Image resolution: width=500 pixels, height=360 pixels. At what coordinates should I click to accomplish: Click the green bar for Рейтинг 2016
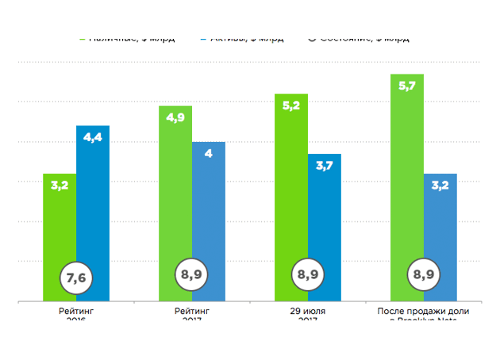pyautogui.click(x=59, y=230)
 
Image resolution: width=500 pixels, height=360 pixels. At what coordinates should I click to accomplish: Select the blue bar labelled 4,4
pyautogui.click(x=93, y=206)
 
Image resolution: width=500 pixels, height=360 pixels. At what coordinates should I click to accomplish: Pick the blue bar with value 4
pyautogui.click(x=209, y=214)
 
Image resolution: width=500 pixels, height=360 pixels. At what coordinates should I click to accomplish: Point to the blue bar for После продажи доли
pyautogui.click(x=440, y=230)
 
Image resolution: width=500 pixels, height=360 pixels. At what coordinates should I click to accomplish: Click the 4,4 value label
pyautogui.click(x=93, y=138)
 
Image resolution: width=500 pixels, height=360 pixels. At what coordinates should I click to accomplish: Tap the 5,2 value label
pyautogui.click(x=290, y=105)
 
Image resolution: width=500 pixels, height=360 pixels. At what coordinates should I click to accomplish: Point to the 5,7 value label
pyautogui.click(x=406, y=86)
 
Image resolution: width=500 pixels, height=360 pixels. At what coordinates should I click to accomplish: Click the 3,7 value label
pyautogui.click(x=325, y=166)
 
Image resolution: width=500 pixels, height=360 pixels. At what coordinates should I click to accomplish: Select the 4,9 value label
pyautogui.click(x=175, y=117)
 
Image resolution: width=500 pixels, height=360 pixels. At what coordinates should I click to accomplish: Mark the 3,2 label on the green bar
pyautogui.click(x=59, y=186)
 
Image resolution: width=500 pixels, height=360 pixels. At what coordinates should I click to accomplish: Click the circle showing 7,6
pyautogui.click(x=76, y=277)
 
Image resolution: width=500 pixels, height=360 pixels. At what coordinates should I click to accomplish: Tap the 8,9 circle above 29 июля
pyautogui.click(x=308, y=275)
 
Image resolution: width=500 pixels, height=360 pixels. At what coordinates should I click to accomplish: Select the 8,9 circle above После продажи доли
pyautogui.click(x=424, y=275)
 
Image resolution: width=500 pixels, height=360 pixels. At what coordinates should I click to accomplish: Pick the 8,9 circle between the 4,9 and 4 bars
pyautogui.click(x=191, y=275)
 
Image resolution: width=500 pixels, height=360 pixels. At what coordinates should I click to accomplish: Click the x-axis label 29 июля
pyautogui.click(x=308, y=311)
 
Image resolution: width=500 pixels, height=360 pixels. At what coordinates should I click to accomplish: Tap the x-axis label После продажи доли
pyautogui.click(x=423, y=311)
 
